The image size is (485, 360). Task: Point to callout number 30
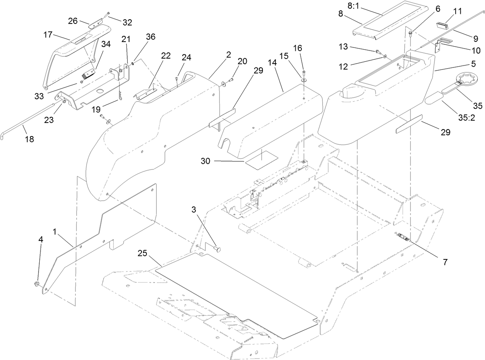click(x=205, y=161)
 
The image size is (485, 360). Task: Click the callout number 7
click(x=445, y=262)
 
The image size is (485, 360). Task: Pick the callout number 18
click(x=29, y=139)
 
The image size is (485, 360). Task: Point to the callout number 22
click(x=166, y=56)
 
